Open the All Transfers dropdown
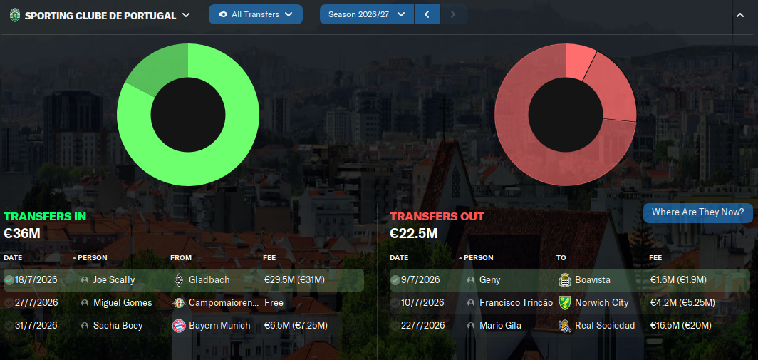[255, 14]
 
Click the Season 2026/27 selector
[366, 14]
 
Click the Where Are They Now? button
[697, 212]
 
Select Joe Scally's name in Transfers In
[114, 280]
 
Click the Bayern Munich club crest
[178, 326]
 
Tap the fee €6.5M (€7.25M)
[296, 326]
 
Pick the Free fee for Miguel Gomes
[274, 303]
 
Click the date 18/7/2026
[36, 280]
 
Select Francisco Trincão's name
[516, 303]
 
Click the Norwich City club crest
[564, 303]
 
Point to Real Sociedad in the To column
[605, 326]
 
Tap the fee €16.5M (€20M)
[682, 326]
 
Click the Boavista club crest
[564, 280]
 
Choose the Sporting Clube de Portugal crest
[15, 15]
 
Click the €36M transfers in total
[22, 233]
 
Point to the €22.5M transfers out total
[414, 233]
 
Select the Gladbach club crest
[178, 280]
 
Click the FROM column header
[181, 258]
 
